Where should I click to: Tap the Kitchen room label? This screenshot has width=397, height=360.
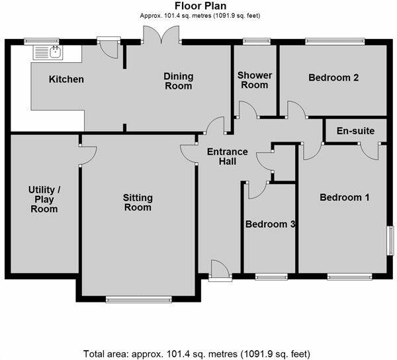click(x=66, y=79)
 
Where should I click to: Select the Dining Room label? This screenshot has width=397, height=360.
click(x=178, y=81)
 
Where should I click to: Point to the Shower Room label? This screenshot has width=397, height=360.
click(x=253, y=80)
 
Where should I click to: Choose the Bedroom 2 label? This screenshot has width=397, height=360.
click(x=333, y=77)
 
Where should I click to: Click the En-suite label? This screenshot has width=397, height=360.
click(x=355, y=131)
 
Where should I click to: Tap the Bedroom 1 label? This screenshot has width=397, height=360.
click(x=345, y=197)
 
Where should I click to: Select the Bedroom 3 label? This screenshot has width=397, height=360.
click(x=270, y=224)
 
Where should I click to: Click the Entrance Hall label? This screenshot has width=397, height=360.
click(x=227, y=157)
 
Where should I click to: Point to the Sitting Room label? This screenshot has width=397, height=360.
click(x=138, y=202)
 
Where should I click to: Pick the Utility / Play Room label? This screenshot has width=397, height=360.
click(x=45, y=200)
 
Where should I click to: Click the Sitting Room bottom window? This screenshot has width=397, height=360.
click(x=138, y=300)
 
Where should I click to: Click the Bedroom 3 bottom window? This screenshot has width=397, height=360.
click(x=271, y=277)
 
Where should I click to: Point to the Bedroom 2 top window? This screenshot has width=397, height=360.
click(x=334, y=42)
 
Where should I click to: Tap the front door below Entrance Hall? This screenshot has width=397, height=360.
click(x=220, y=272)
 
